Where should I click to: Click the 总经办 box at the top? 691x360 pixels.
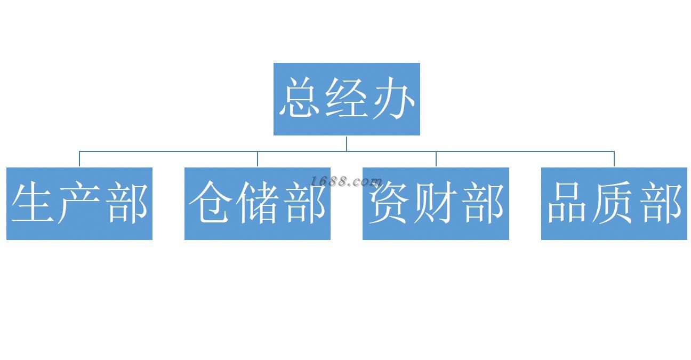click(x=347, y=99)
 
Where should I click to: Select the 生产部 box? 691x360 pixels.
click(x=79, y=204)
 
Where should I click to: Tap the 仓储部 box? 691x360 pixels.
click(x=258, y=204)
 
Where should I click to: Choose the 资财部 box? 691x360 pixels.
click(x=436, y=204)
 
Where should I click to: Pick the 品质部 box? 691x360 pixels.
click(x=614, y=204)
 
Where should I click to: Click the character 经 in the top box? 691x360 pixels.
click(x=347, y=99)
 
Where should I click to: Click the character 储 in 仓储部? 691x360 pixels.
click(x=258, y=203)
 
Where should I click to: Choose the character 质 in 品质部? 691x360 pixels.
click(x=614, y=203)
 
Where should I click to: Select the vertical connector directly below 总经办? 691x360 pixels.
click(x=347, y=143)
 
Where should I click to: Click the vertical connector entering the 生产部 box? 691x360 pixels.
click(x=79, y=159)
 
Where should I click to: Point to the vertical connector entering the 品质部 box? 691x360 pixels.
click(x=614, y=159)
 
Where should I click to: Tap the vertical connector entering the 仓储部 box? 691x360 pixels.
click(x=258, y=159)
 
